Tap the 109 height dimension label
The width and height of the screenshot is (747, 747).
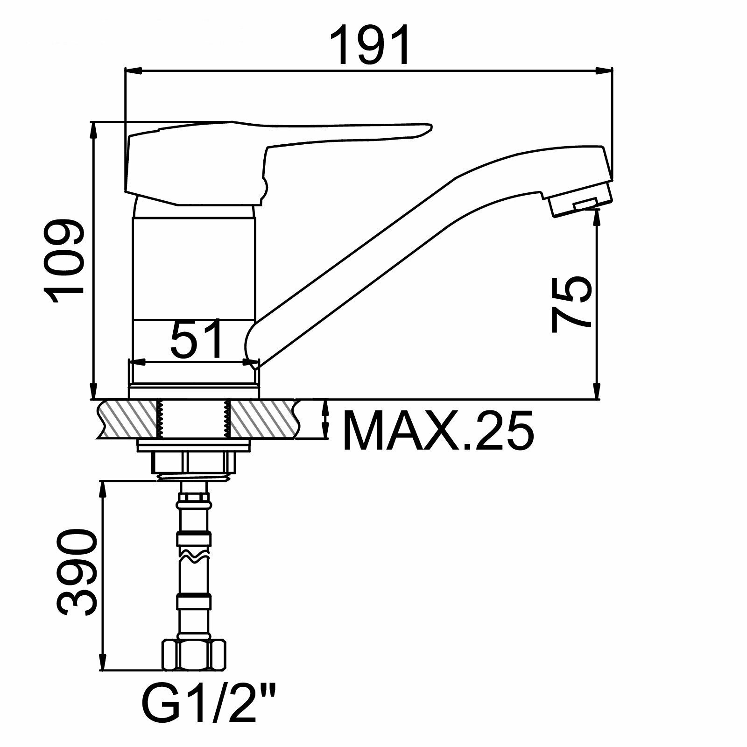(x=64, y=261)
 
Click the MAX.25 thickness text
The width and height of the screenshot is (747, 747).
(x=438, y=430)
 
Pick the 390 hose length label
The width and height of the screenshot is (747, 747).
(x=77, y=572)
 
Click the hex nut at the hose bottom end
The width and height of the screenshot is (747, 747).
(x=193, y=655)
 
